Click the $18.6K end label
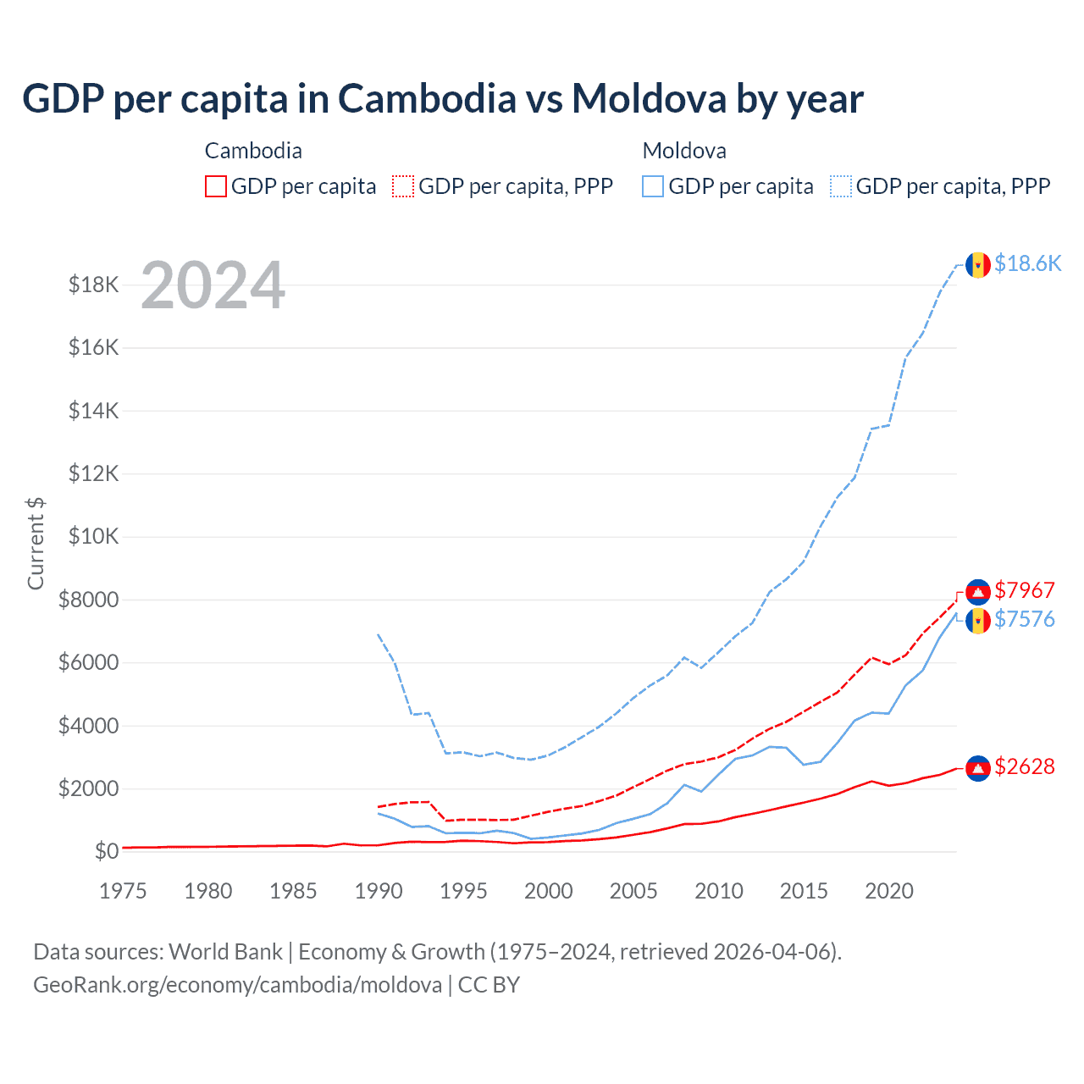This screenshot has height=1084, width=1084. pos(1027,263)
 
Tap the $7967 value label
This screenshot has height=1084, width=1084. pos(1025,590)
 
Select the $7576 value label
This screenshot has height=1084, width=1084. pos(1025,619)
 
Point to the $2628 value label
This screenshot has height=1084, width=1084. pos(1025,766)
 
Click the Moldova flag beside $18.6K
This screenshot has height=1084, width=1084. pos(978,265)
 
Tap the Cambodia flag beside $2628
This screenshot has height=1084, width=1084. pos(978,768)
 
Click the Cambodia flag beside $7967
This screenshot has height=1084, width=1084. pos(978,592)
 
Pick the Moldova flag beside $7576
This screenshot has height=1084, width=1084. pos(978,621)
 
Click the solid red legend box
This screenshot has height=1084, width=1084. pos(216,186)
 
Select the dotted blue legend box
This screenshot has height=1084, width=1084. pos(841,186)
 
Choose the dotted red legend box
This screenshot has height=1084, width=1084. pos(403,186)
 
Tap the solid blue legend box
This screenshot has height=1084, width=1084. pos(653,186)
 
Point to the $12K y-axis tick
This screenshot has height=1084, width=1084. pos(94,473)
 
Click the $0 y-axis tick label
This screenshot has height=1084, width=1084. pos(106,851)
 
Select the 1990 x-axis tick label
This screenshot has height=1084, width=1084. pos(379,891)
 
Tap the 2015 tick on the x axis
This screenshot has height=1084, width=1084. pos(804,891)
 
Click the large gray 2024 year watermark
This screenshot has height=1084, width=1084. pos(213,285)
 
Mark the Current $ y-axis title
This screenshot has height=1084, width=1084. pos(36,544)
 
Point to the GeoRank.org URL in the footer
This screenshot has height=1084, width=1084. pos(237,985)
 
